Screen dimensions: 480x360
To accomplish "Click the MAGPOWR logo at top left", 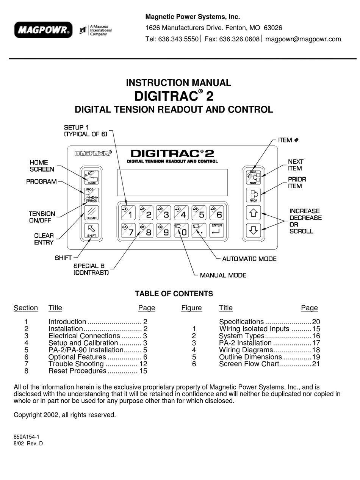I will pos(43,30).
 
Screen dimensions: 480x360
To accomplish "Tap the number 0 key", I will pos(182,230).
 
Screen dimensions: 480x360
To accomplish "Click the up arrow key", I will pos(254,213).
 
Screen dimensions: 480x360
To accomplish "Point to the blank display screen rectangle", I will pos(172,182).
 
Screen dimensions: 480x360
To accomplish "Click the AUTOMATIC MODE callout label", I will pos(249,259).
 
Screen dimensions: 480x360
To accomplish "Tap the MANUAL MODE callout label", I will pos(223,275).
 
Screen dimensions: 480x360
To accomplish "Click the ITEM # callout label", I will pos(288,140).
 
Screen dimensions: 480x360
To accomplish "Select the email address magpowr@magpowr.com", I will pos(303,39).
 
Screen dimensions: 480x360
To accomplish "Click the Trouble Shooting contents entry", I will pos(76,364).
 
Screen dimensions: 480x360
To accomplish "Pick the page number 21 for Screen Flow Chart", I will pos(316,364).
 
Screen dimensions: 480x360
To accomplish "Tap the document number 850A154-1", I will pos(27,436).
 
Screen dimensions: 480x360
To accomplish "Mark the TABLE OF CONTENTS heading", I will pos(174,294).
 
